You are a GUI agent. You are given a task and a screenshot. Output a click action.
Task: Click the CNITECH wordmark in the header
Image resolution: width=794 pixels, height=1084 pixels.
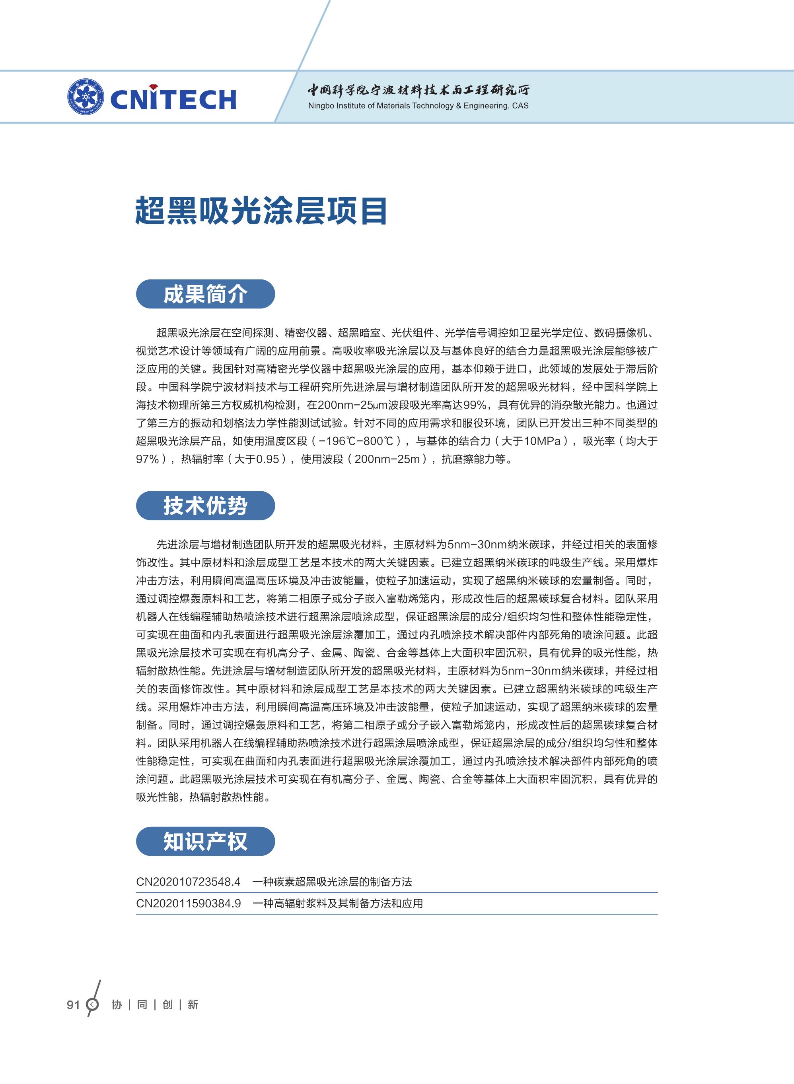(x=173, y=99)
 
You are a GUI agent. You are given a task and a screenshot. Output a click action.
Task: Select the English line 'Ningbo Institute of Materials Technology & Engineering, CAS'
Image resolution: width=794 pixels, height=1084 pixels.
(x=418, y=106)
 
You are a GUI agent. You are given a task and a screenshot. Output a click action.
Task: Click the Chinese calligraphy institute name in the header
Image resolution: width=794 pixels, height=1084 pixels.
(x=418, y=90)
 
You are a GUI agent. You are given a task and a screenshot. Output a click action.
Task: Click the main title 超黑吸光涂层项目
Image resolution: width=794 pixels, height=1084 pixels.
(x=261, y=210)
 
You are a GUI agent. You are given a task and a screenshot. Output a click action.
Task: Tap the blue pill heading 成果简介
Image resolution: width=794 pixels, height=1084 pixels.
(x=205, y=294)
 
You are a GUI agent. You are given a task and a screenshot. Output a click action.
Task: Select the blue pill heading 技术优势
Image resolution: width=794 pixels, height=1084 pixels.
(x=205, y=505)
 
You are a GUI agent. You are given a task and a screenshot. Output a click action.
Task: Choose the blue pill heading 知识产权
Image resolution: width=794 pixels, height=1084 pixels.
(x=205, y=841)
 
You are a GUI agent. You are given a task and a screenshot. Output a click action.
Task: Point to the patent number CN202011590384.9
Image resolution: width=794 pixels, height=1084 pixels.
(x=189, y=904)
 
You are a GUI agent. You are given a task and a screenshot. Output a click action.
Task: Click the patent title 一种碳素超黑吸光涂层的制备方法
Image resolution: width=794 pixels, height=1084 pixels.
(x=332, y=882)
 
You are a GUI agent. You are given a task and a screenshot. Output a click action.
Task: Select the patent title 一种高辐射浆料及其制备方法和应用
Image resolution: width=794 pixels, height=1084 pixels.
(x=337, y=904)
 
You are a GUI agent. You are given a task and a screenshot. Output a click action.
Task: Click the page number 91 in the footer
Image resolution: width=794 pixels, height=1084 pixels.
(x=73, y=1005)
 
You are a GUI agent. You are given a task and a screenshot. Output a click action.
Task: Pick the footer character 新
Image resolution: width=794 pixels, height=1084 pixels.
(x=193, y=1005)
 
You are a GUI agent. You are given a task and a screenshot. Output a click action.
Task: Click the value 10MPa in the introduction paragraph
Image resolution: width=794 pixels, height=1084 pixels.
(x=542, y=441)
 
